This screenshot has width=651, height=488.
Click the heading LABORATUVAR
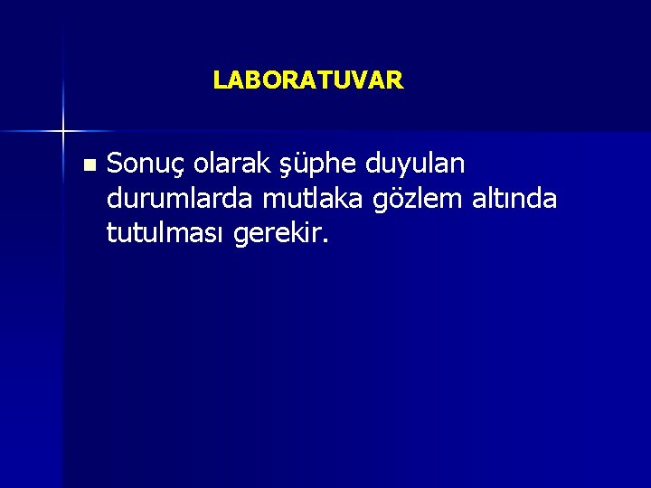(308, 80)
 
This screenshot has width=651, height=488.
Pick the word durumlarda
(181, 199)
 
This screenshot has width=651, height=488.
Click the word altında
(517, 199)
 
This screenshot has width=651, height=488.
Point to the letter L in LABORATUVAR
(219, 80)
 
